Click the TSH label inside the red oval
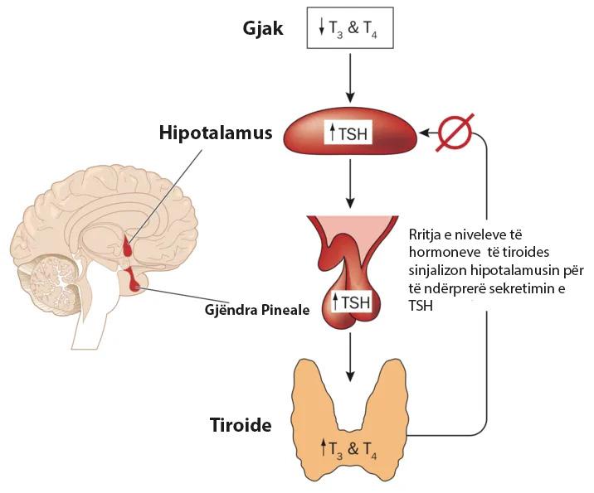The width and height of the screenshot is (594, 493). [x=352, y=132]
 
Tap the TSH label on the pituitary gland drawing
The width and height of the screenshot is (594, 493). [x=352, y=302]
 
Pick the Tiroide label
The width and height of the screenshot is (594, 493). [x=241, y=427]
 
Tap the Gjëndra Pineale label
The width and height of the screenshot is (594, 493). [x=256, y=311]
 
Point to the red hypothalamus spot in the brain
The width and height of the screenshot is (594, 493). [x=127, y=247]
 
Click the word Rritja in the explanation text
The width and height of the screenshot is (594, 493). [x=428, y=235]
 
